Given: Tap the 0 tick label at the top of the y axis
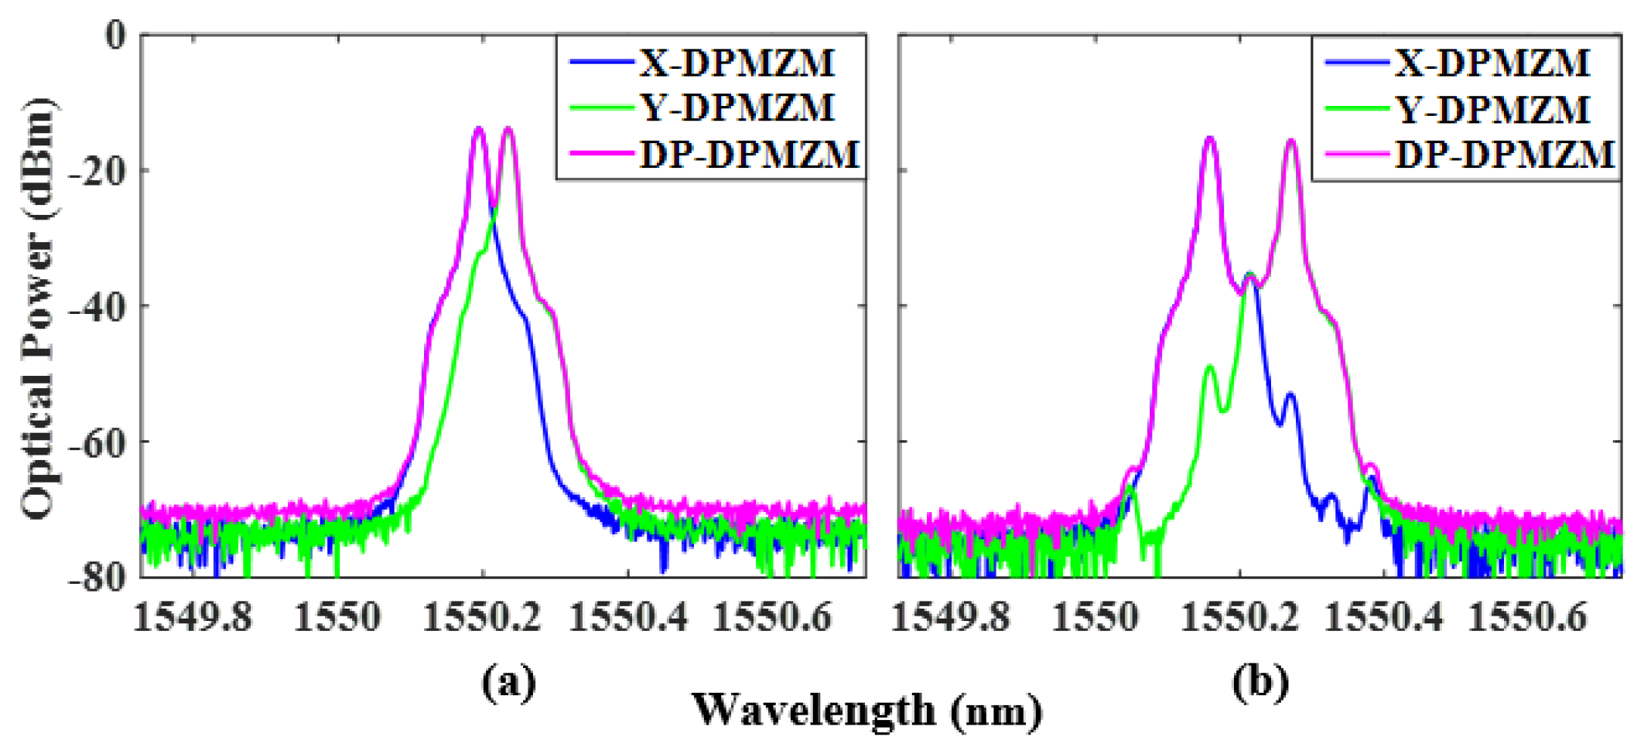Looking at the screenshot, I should [115, 36].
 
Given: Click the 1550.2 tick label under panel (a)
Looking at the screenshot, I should [482, 619].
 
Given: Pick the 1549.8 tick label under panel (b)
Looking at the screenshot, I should [951, 619].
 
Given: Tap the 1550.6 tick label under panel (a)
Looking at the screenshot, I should [771, 619].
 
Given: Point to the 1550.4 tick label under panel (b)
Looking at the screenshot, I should [1384, 619].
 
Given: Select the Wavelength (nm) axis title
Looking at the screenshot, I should [866, 710].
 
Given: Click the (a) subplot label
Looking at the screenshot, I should [508, 682].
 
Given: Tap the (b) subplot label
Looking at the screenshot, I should [1261, 682].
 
